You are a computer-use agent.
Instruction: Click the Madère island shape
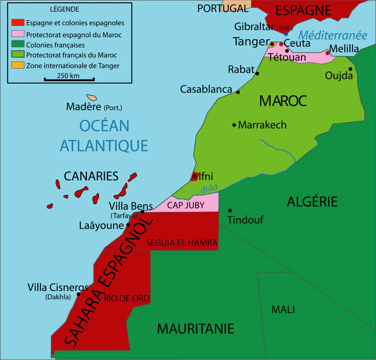point(92,97)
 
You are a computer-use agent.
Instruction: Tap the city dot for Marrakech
point(234,125)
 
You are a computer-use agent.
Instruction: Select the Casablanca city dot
point(238,92)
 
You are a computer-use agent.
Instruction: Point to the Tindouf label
point(246,220)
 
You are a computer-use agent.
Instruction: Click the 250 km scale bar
point(69,80)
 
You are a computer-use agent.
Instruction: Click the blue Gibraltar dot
point(286,35)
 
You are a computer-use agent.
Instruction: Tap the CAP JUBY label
point(186,205)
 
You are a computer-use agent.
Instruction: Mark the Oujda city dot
point(351,69)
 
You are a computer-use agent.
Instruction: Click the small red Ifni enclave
point(194,176)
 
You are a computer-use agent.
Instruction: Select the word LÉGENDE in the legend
point(65,9)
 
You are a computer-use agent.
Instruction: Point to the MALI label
point(283,309)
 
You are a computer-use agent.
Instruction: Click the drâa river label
point(209,188)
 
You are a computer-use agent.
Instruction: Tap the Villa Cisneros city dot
point(78,294)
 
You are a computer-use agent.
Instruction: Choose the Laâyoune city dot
point(128,225)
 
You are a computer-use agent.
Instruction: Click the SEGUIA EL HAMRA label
point(181,243)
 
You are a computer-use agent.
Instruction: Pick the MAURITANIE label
point(195,328)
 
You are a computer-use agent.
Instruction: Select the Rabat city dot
point(257,73)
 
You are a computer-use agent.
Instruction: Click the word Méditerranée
point(333,35)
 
